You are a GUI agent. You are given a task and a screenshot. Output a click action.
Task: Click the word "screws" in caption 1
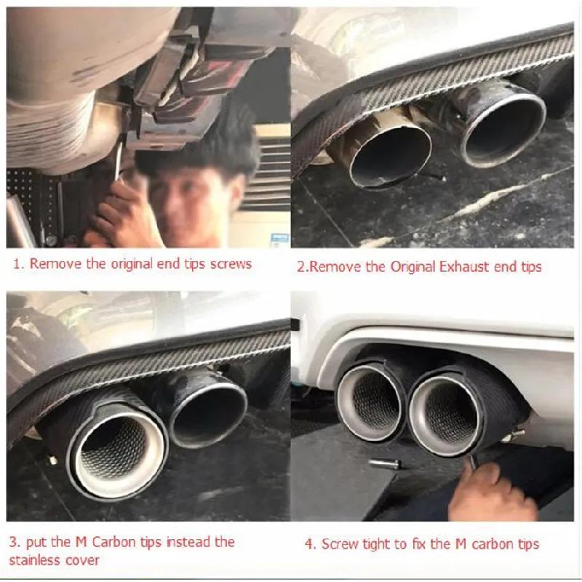(x=231, y=264)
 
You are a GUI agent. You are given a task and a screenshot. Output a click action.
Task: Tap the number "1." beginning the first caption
(x=19, y=264)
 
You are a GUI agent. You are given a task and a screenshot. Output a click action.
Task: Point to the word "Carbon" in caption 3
(x=113, y=542)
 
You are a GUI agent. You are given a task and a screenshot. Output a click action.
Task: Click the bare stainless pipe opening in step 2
(x=390, y=156)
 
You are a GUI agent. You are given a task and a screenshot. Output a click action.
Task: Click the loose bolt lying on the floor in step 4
(x=386, y=464)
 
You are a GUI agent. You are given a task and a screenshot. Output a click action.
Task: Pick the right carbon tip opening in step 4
(x=448, y=415)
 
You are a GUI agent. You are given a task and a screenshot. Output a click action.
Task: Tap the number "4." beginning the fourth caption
(x=311, y=544)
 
